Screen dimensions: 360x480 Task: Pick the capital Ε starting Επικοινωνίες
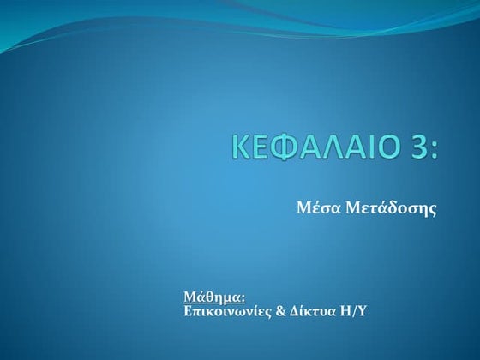coord(189,311)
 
